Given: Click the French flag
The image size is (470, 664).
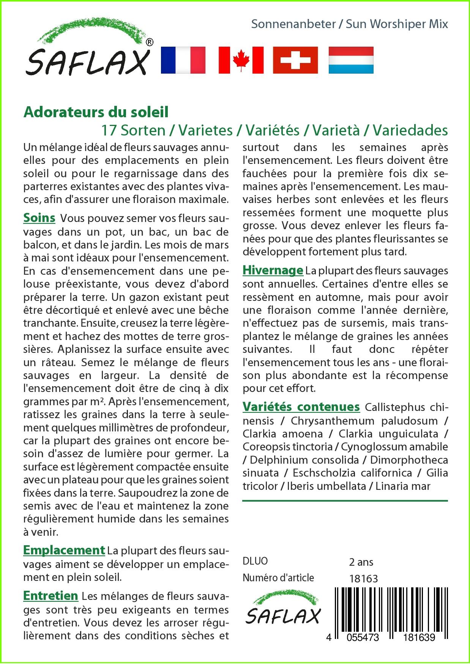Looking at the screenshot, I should [x=183, y=60].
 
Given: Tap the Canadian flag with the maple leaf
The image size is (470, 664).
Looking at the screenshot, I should [x=241, y=60].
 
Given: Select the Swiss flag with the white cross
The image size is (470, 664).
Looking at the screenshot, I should [x=295, y=60].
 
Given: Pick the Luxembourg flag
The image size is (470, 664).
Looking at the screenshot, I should [x=351, y=60].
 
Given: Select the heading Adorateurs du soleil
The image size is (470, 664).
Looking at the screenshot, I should [x=96, y=112].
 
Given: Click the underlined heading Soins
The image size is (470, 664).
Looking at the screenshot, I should [x=39, y=218].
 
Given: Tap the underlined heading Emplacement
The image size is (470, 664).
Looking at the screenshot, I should [x=64, y=550].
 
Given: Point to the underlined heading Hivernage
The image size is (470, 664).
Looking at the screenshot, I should [x=273, y=270].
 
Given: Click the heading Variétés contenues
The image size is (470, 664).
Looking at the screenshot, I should [x=301, y=407].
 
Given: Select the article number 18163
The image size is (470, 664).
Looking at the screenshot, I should [x=363, y=578].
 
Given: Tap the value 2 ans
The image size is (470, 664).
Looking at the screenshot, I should [x=361, y=562].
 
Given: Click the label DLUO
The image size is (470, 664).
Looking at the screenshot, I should [x=255, y=561].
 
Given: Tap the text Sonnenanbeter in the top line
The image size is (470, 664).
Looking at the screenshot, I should [x=293, y=24].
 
